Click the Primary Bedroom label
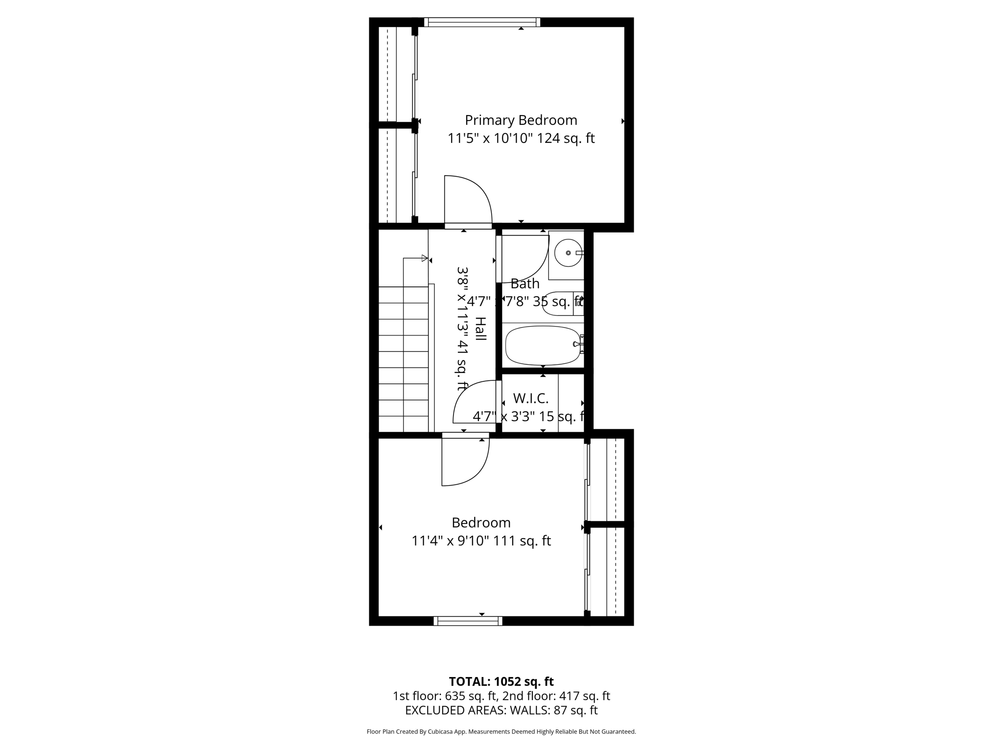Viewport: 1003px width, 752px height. (x=521, y=120)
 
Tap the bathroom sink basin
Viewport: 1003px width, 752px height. (x=568, y=253)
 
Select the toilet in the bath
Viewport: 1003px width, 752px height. (x=561, y=304)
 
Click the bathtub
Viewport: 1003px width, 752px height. (x=542, y=346)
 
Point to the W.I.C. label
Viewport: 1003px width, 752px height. (x=530, y=398)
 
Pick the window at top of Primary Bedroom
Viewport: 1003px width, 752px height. (x=482, y=22)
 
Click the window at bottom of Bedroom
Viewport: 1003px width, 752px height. (x=468, y=621)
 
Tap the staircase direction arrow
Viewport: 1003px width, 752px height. (x=424, y=258)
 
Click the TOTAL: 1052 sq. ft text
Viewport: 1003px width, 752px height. (x=501, y=681)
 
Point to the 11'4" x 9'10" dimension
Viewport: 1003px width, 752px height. (x=450, y=541)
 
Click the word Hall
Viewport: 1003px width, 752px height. (x=480, y=329)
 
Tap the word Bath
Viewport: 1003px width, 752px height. (x=525, y=283)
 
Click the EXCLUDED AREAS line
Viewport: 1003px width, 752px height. (x=501, y=710)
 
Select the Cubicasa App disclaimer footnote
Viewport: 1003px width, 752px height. (x=501, y=732)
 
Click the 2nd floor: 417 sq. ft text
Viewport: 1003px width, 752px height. (x=556, y=696)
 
